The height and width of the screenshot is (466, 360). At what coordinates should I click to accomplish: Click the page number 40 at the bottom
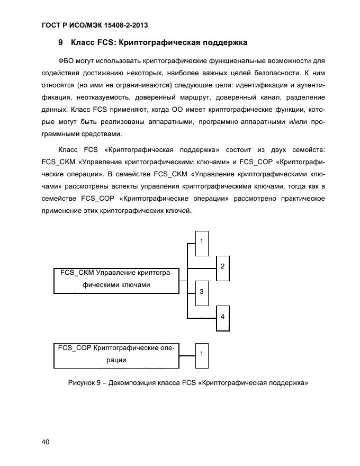tap(46, 443)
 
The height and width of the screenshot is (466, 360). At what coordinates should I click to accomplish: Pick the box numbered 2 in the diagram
tap(222, 266)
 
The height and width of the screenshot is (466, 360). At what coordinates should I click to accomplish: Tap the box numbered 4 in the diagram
tap(222, 317)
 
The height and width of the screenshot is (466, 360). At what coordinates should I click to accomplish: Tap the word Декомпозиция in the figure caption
tap(136, 382)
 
